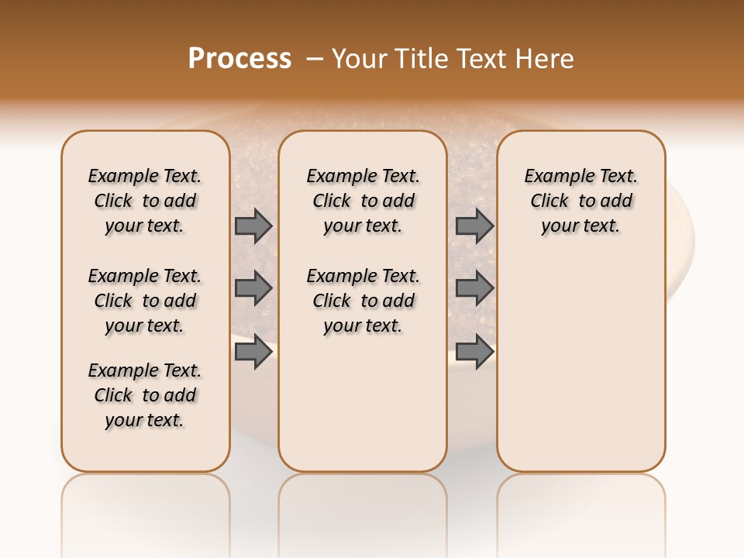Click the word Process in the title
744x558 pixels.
tap(239, 59)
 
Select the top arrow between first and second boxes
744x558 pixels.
tap(253, 226)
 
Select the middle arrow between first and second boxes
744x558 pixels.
tap(253, 288)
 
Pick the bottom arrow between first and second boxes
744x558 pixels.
tap(253, 352)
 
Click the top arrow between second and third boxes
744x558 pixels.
tap(474, 226)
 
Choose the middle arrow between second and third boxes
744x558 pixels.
tap(474, 288)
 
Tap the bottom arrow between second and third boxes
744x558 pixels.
tap(474, 352)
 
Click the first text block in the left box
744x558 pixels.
tap(145, 201)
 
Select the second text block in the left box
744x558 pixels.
tap(145, 301)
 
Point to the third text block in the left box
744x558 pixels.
tap(145, 395)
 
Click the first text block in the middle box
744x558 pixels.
tap(363, 201)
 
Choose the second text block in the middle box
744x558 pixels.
tap(363, 301)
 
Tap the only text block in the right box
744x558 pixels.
tap(580, 201)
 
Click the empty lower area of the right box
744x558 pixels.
tap(580, 364)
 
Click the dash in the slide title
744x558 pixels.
tap(315, 59)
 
